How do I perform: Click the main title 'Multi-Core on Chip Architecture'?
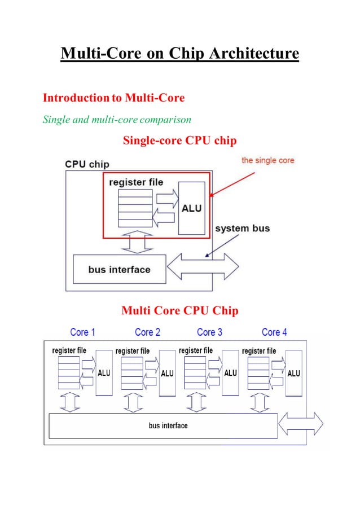point(179,54)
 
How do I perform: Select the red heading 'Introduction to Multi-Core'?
point(113,98)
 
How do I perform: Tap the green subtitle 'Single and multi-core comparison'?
point(117,120)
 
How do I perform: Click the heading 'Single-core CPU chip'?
point(179,141)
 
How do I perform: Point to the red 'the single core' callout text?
point(267,160)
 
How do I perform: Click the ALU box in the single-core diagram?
point(191,208)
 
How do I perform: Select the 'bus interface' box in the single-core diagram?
point(119,269)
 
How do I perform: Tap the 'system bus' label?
point(243,229)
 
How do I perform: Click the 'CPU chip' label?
point(87,164)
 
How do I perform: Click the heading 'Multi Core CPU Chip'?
point(179,311)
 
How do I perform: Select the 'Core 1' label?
point(82,332)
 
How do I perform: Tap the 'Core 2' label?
point(147,332)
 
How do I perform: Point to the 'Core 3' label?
point(209,332)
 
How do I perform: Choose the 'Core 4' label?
point(274,332)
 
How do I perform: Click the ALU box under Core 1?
point(104,372)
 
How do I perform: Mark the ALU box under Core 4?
point(293,372)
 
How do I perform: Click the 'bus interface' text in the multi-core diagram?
point(168,425)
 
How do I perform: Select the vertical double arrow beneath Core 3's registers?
point(196,402)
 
